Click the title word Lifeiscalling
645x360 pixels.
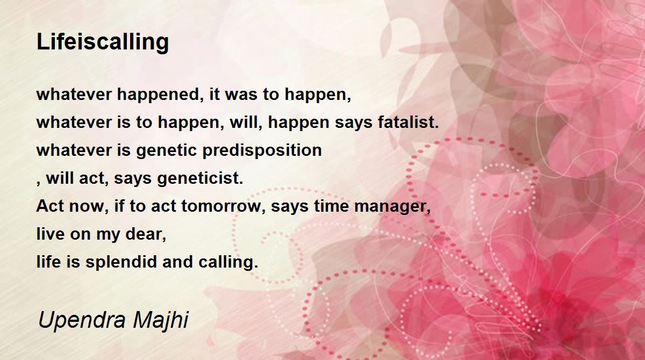103,42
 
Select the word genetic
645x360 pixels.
167,150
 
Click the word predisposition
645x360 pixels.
262,150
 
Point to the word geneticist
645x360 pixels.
200,178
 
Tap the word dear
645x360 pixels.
146,234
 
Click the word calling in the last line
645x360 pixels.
228,262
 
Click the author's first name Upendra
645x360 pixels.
82,320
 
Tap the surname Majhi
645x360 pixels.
160,320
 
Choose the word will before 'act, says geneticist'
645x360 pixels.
60,178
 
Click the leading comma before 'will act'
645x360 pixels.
39,184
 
